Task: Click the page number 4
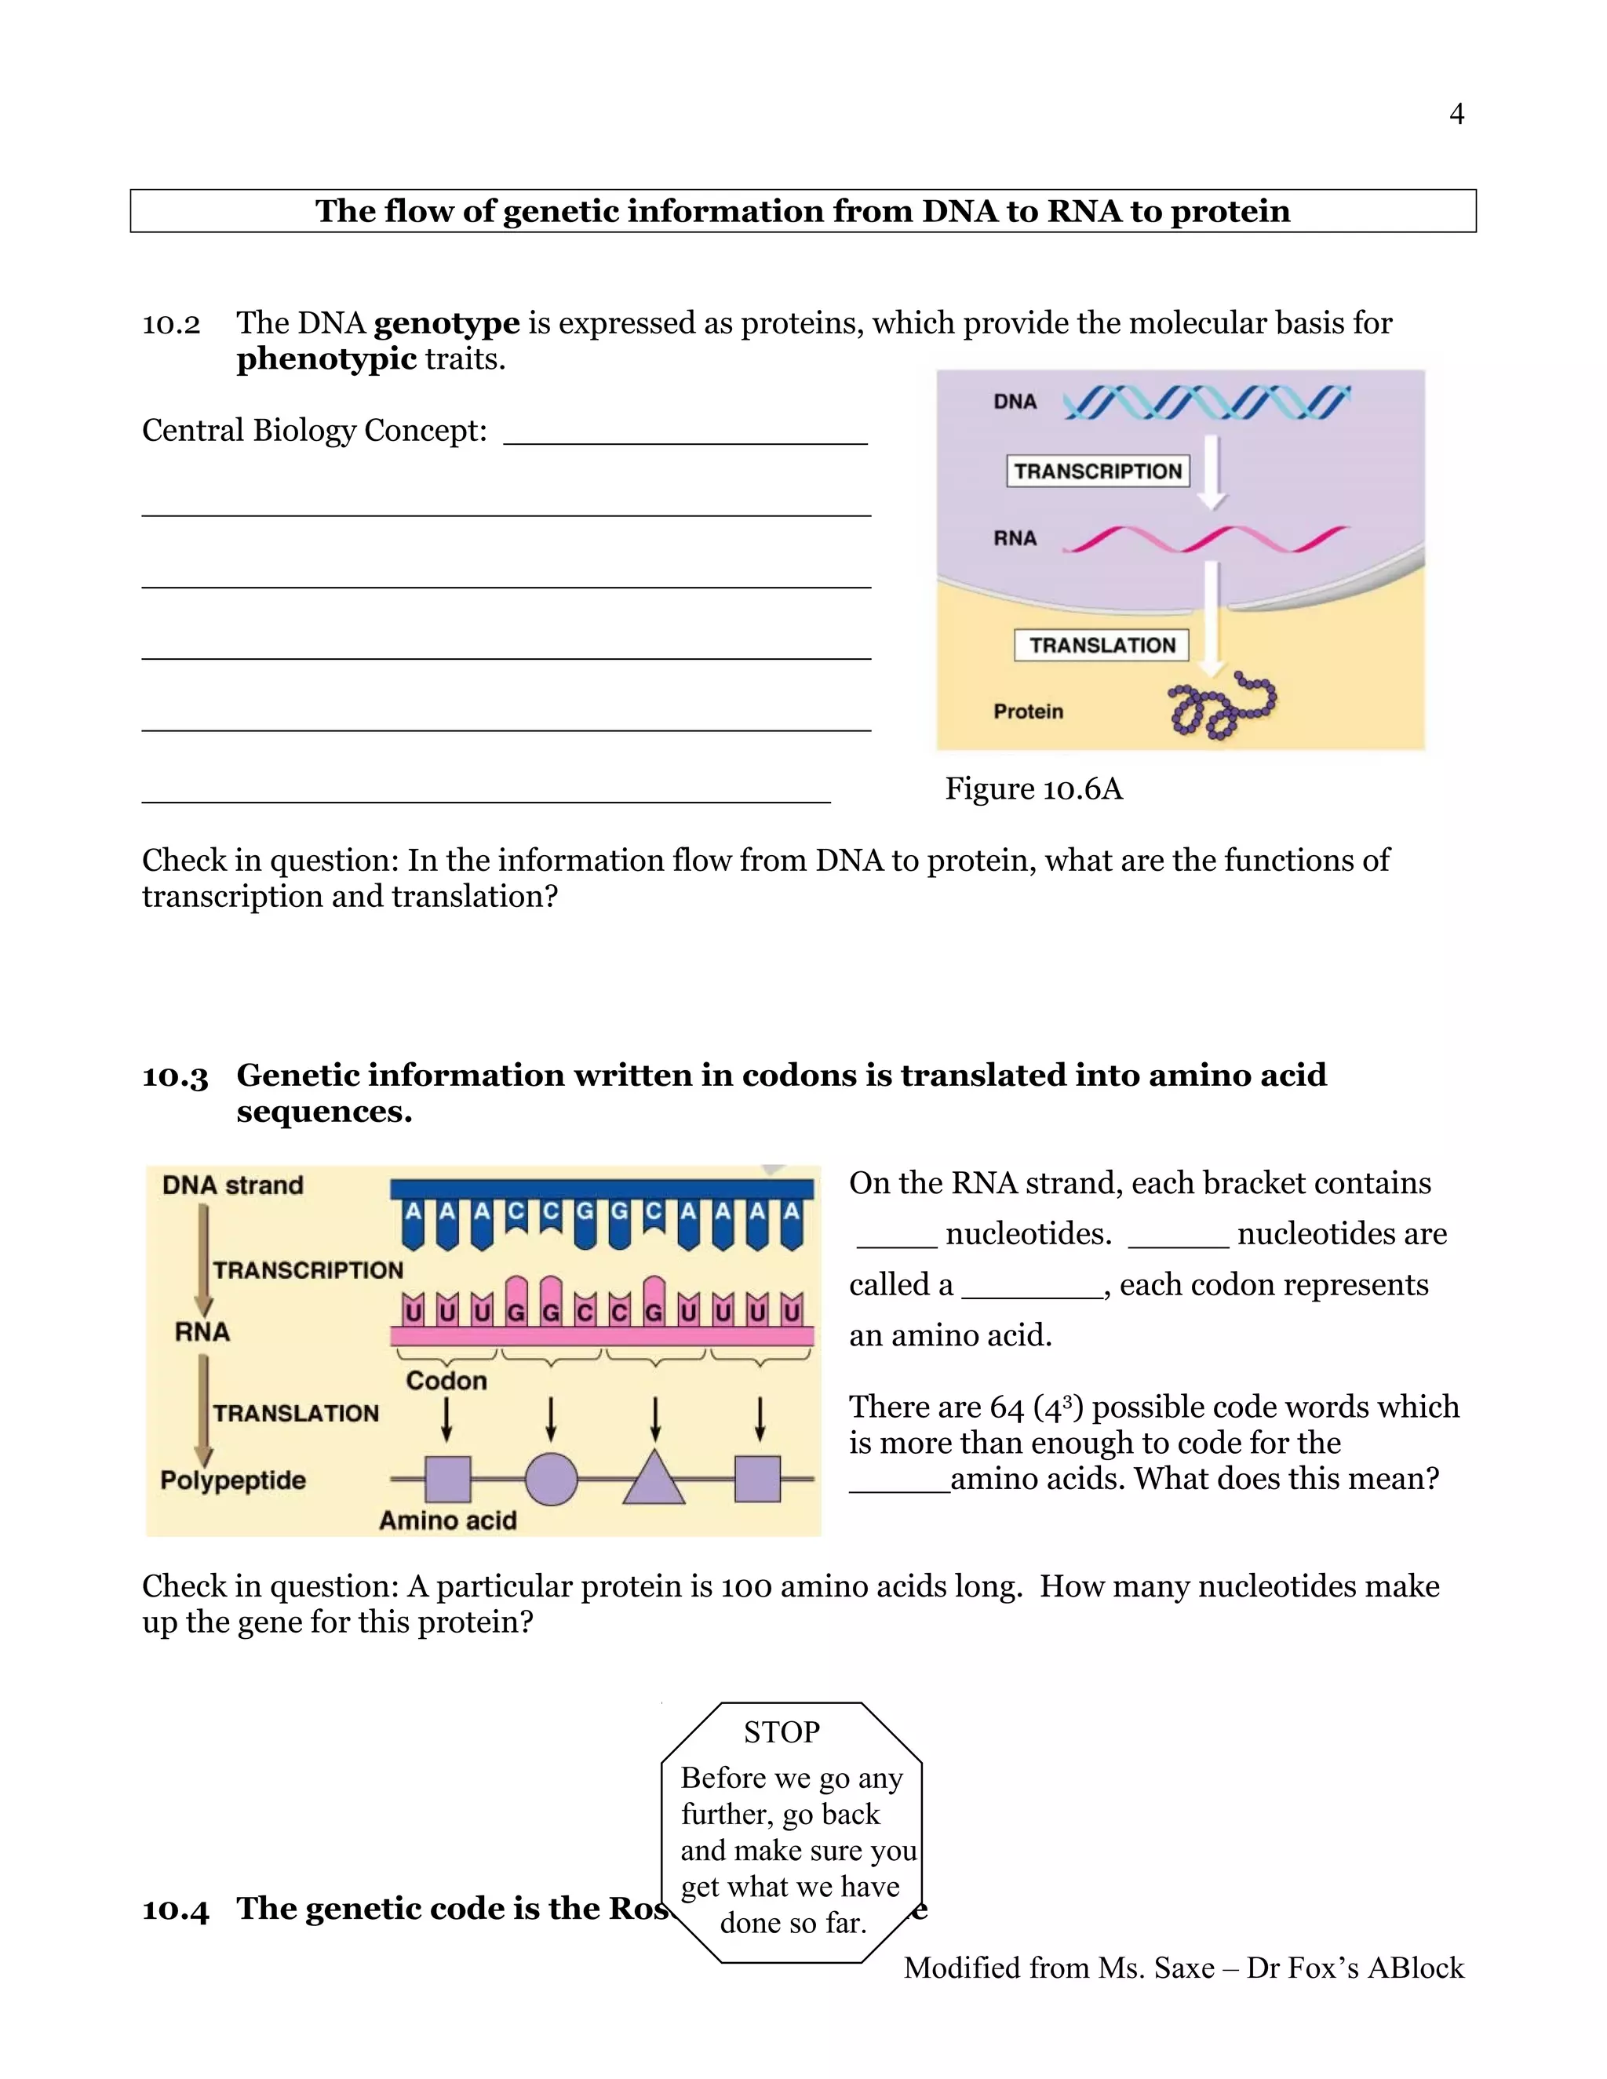click(x=1456, y=115)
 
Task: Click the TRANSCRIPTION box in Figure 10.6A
click(x=1098, y=472)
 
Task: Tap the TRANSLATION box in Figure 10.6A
click(x=1102, y=646)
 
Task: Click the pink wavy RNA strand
click(x=1204, y=540)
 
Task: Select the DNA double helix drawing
click(x=1205, y=402)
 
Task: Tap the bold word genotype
click(x=446, y=324)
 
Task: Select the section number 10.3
click(x=175, y=1076)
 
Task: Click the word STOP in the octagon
click(x=782, y=1732)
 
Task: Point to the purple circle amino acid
click(x=551, y=1480)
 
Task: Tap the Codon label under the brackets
click(x=446, y=1380)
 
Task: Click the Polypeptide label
click(x=233, y=1480)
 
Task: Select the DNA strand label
click(x=232, y=1185)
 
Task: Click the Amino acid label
click(x=447, y=1520)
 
